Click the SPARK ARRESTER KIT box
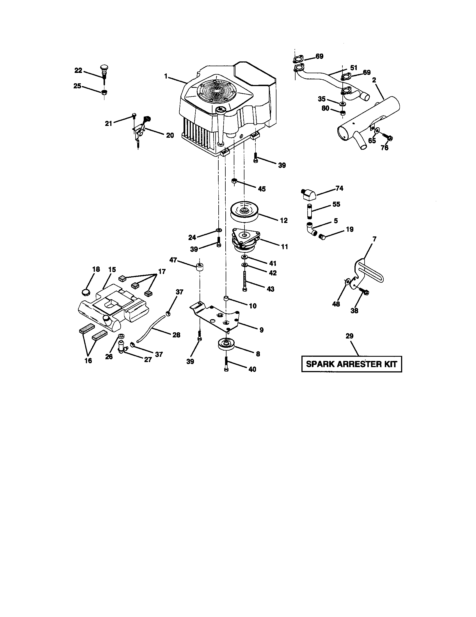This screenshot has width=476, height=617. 352,364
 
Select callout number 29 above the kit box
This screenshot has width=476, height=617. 349,336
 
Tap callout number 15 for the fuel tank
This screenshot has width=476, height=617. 112,269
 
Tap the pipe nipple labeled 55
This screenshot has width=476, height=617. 309,211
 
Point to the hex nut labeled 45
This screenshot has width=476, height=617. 234,181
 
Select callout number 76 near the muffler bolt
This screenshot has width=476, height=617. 385,148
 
